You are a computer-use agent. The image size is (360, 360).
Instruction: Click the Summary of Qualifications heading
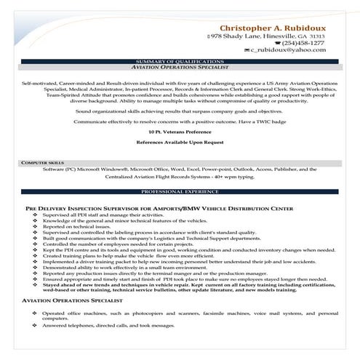pos(180,61)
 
